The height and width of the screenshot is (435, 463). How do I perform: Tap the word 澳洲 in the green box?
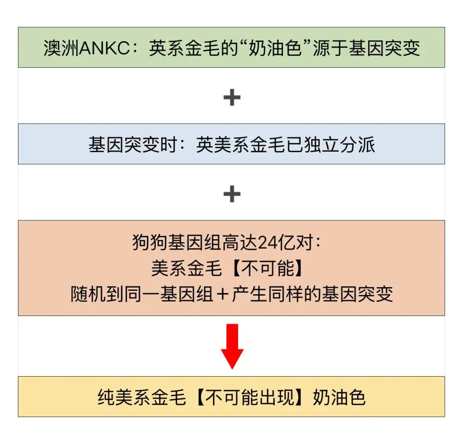(59, 48)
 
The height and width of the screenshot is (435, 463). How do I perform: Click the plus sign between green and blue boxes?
(232, 98)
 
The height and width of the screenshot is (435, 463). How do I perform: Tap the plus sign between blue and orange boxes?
(232, 195)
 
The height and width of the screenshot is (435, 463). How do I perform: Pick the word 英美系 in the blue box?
(222, 145)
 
